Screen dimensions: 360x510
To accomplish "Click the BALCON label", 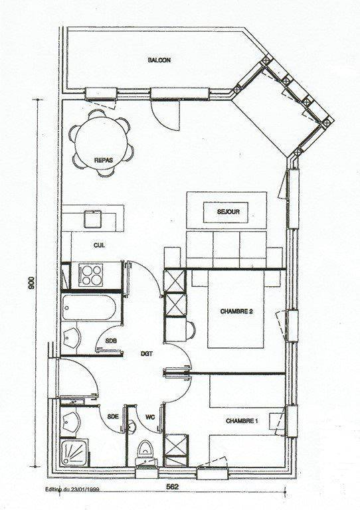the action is coord(159,60).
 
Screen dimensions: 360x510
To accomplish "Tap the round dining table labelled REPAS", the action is coord(101,143).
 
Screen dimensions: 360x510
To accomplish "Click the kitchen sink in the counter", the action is coord(93,219).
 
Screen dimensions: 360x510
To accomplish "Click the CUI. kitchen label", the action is coord(99,246).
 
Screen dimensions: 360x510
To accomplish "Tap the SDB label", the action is coord(111,341).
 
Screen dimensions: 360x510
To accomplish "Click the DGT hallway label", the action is coord(147,354).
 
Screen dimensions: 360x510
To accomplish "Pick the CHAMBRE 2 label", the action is coord(236,311).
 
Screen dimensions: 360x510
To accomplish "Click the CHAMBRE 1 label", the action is coord(242,421).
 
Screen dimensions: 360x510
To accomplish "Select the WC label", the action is coord(150,416).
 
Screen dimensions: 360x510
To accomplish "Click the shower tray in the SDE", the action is coord(74,452).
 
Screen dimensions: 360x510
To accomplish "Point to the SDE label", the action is coord(113,416).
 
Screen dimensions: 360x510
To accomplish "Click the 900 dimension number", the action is coord(31,282).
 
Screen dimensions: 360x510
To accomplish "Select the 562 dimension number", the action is coord(172,487).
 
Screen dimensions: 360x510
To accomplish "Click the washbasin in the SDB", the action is coord(70,337).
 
